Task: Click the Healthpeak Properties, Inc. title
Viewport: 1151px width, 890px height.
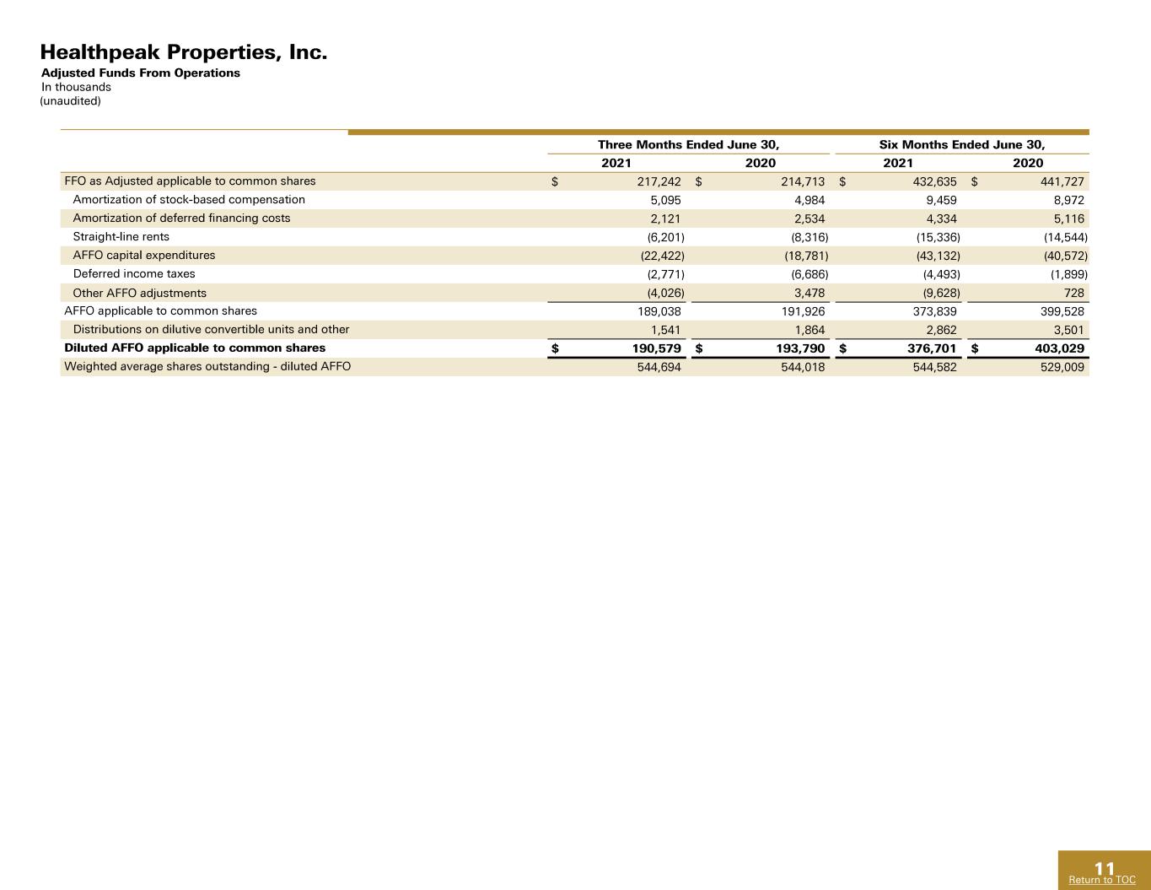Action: [x=184, y=52]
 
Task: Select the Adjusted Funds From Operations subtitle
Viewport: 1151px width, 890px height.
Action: [x=140, y=73]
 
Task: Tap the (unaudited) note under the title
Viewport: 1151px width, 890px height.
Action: [x=71, y=100]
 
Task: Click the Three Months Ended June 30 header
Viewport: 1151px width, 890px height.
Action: [x=689, y=144]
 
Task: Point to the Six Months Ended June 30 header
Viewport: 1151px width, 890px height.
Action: [x=962, y=144]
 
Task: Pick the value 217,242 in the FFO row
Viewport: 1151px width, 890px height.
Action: [x=659, y=181]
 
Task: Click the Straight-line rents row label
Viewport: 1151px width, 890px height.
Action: [x=121, y=237]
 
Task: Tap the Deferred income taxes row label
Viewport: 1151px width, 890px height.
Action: [x=134, y=274]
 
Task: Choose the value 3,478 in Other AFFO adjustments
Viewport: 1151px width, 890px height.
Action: [x=809, y=293]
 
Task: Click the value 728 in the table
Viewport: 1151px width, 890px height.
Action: [x=1073, y=293]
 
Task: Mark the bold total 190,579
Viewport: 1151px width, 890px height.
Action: [x=657, y=348]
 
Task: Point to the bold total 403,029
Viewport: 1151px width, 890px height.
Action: [x=1060, y=348]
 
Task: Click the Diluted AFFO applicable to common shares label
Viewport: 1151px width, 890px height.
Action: [x=195, y=348]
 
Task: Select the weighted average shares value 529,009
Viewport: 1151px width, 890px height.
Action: [x=1062, y=367]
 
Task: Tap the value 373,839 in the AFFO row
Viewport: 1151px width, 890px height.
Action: [x=934, y=311]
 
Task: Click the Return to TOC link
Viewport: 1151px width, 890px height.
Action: [x=1102, y=879]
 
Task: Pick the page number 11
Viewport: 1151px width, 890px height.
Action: [x=1105, y=869]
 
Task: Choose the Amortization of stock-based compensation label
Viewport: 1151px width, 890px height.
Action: [x=189, y=200]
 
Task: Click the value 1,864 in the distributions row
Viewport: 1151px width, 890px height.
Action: [x=809, y=330]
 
